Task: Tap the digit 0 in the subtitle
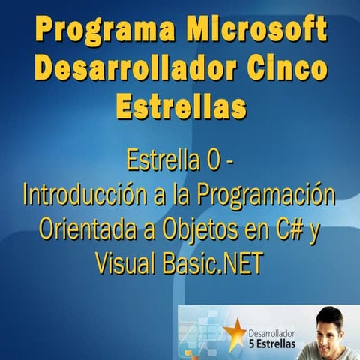pos(215,160)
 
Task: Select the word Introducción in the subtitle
pos(90,194)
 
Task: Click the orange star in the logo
pos(234,331)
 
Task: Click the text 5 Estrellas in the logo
pos(271,343)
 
